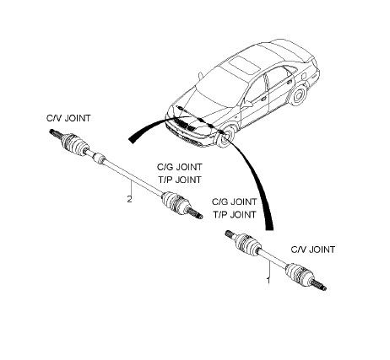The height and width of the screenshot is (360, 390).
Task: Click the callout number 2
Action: click(x=129, y=199)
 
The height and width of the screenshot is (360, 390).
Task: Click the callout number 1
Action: click(x=268, y=280)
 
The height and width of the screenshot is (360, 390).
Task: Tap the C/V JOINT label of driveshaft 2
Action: click(x=68, y=118)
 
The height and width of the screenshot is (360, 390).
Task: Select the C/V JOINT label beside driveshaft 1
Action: click(x=312, y=250)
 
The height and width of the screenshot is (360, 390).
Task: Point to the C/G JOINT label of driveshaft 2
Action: click(x=180, y=167)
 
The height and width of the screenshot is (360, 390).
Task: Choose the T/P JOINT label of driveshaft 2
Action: click(x=180, y=180)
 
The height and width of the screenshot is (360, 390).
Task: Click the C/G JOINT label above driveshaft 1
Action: click(x=234, y=201)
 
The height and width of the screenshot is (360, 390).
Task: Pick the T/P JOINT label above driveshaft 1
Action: click(x=235, y=214)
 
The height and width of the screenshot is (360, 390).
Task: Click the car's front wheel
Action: click(x=226, y=136)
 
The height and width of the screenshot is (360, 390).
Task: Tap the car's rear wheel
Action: click(x=298, y=94)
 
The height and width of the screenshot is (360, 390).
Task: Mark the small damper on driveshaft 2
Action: click(x=99, y=158)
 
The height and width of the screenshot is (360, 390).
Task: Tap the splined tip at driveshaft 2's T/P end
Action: click(x=196, y=214)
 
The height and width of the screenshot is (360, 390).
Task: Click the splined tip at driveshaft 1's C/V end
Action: click(x=320, y=285)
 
